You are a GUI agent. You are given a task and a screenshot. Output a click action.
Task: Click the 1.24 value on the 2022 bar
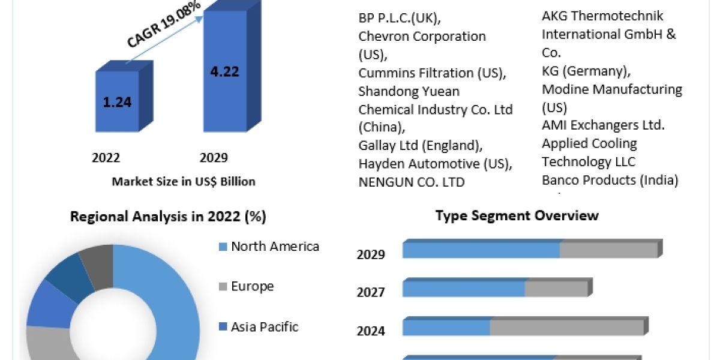pos(117,102)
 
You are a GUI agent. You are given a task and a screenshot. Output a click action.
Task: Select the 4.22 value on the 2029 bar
pos(225,71)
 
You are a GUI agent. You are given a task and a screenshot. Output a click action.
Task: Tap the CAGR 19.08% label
pos(163,25)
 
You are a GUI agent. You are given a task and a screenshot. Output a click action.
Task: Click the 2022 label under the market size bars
pos(106,158)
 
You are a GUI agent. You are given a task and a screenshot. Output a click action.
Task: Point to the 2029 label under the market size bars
pos(214,158)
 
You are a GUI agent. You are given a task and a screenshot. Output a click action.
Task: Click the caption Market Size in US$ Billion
pos(184,181)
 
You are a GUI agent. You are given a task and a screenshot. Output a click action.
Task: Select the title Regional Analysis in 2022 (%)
pos(168,216)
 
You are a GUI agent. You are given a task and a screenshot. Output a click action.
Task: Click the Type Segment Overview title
pos(517,215)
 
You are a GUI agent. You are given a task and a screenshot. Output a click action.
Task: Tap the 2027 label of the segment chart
pos(371,292)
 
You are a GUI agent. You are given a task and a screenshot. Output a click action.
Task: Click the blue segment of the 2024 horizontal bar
pos(446,328)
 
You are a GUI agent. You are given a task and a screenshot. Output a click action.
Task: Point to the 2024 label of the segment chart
pos(371,331)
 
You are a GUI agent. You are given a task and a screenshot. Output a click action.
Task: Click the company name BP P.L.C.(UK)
pos(403,17)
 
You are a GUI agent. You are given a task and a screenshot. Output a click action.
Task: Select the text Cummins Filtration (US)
pos(432,73)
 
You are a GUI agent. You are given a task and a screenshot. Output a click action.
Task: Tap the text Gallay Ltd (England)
pos(419,145)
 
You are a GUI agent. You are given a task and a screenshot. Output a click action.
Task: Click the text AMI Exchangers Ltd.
pos(603,125)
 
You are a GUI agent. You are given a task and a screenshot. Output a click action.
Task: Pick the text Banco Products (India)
pos(610,180)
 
